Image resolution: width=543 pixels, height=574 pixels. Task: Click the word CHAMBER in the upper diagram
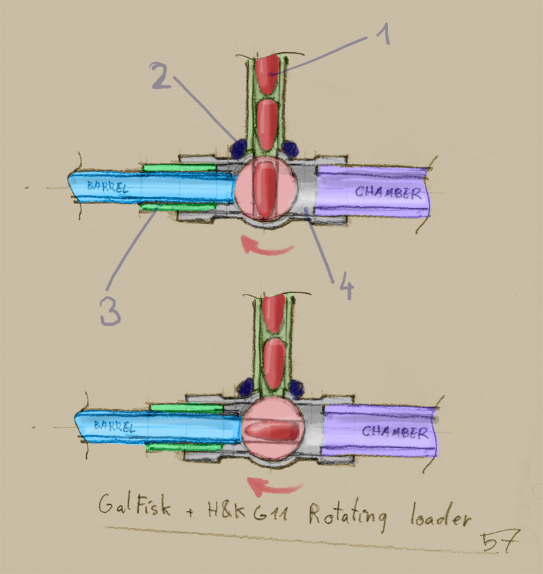387,192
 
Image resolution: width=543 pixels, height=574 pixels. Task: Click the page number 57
498,541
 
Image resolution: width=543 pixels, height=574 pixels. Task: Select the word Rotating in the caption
348,516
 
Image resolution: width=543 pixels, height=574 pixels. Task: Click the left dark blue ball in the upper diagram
238,147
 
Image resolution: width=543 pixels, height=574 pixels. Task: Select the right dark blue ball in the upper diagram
291,147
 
